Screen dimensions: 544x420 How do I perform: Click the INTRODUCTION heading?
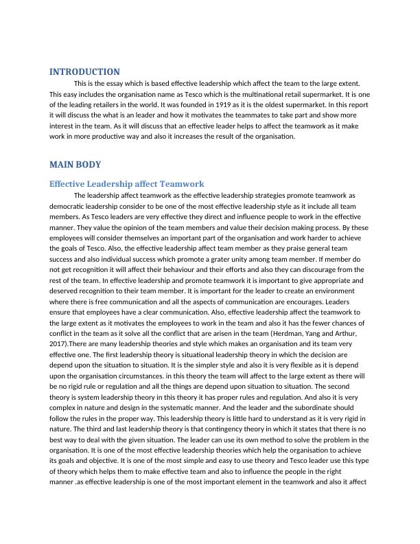[84, 71]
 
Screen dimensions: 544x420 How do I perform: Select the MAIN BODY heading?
[75, 165]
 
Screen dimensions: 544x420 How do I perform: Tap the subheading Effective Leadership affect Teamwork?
[127, 184]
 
